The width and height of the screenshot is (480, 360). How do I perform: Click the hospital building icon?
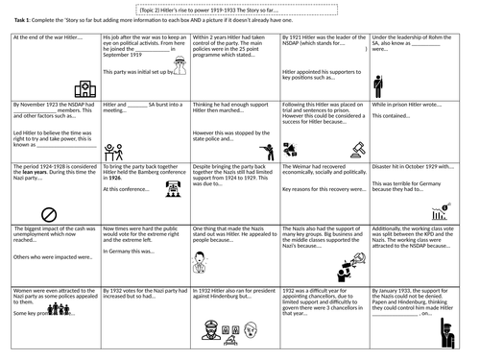tap(84, 89)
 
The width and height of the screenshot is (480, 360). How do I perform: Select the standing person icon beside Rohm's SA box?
tap(377, 86)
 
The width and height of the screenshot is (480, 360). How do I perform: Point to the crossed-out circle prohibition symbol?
tap(49, 214)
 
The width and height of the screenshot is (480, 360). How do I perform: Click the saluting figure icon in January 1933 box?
tap(444, 332)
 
